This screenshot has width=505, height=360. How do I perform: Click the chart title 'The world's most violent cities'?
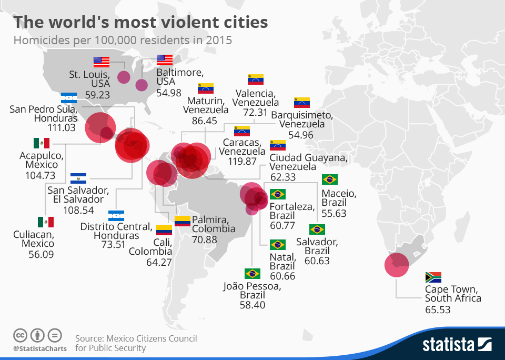[140, 23]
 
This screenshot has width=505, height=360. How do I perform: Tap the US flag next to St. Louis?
[102, 62]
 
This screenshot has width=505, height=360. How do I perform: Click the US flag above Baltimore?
[165, 59]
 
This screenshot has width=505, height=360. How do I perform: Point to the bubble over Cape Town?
[396, 265]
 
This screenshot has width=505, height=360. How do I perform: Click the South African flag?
[433, 277]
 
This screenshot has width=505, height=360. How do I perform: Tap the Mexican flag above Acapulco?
[41, 143]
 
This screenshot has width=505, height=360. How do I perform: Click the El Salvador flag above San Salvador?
[78, 178]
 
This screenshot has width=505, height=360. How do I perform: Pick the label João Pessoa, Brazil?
[252, 291]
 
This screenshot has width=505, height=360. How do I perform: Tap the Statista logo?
[457, 345]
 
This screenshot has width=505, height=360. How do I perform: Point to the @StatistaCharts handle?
[39, 348]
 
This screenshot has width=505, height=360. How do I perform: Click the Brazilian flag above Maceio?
[329, 179]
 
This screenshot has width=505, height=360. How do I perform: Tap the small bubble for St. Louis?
[123, 77]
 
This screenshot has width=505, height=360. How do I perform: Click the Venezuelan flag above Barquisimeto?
[302, 103]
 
